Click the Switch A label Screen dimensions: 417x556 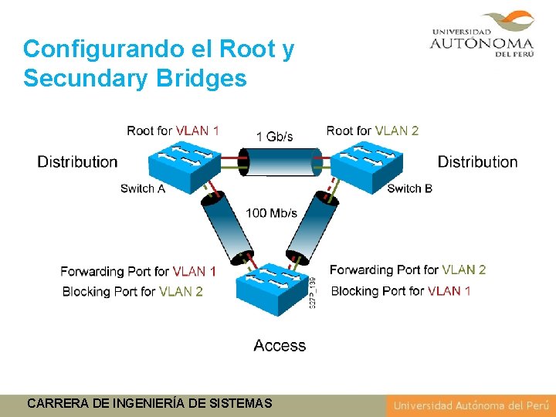pos(143,188)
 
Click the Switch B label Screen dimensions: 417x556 pos(409,188)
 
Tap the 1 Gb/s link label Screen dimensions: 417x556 pos(274,137)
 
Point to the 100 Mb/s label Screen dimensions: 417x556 pos(271,213)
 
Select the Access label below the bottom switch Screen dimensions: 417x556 pos(280,345)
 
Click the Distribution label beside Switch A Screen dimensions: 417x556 pos(77,161)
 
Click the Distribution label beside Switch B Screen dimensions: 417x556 pos(477,161)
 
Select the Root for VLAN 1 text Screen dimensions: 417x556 pos(173,131)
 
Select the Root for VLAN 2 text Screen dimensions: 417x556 pos(372,131)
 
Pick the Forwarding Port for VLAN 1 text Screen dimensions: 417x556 pos(138,271)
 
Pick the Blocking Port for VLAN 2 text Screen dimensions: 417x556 pos(132,291)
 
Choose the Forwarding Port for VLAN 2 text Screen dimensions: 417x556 pos(408,270)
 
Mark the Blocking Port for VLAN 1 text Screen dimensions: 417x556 pos(401,291)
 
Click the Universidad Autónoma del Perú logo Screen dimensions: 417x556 pos(482,34)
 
